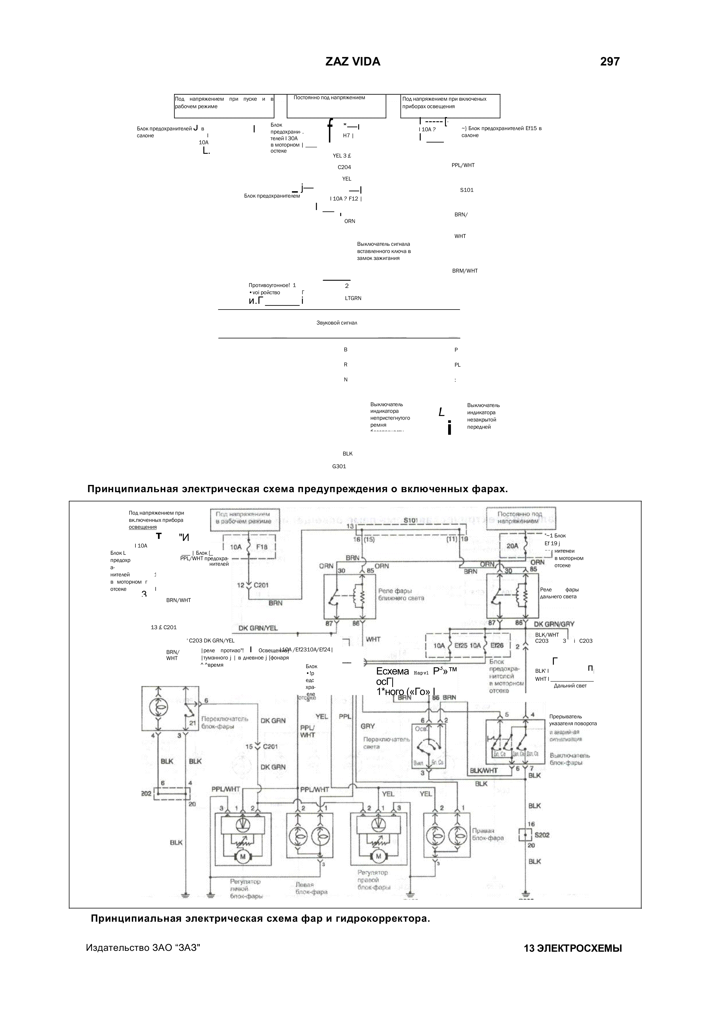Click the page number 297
tap(610, 62)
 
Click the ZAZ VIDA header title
tap(353, 62)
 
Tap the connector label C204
tap(344, 168)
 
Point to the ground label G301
tap(339, 466)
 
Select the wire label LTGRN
tap(353, 298)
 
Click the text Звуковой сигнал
tap(337, 323)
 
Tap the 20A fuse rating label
tap(512, 546)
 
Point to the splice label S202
tap(542, 835)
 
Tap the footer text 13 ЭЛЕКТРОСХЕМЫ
tap(573, 949)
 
